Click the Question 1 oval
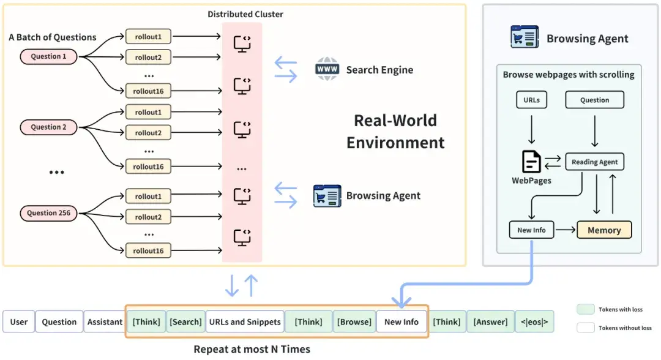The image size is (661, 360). (49, 57)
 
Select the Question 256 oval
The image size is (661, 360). (49, 214)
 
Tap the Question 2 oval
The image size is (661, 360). (49, 127)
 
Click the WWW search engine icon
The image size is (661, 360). (327, 69)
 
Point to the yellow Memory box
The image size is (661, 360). (604, 230)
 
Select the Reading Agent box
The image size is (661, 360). (594, 162)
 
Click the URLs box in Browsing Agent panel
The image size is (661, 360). (531, 100)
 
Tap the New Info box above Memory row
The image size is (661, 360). (531, 230)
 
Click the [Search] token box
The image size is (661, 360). (185, 322)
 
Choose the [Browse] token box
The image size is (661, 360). (354, 322)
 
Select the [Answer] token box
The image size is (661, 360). (490, 322)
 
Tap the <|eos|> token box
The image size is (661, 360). (534, 322)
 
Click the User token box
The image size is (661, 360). (18, 322)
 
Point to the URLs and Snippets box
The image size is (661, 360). (245, 322)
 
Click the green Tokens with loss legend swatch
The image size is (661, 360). (586, 309)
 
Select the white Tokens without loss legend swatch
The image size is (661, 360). (586, 328)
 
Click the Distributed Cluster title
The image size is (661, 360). (245, 14)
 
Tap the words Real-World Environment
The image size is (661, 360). (395, 131)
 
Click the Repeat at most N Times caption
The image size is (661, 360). (252, 350)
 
